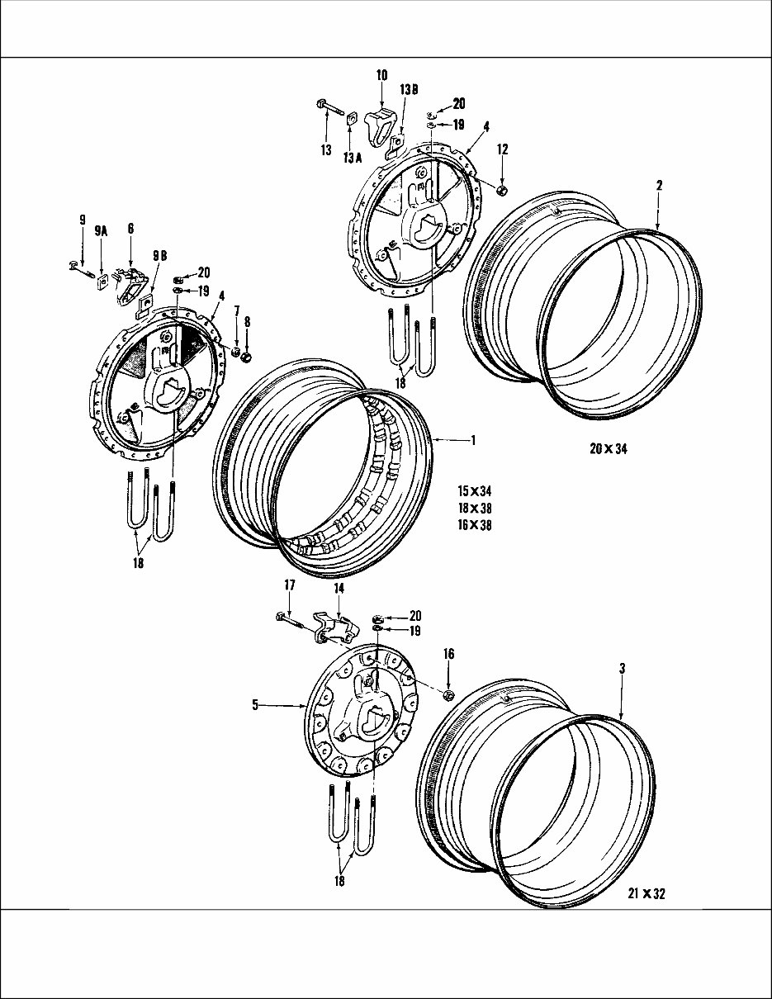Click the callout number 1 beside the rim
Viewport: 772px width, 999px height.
[x=472, y=440]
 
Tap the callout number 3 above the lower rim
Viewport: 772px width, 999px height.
[x=622, y=669]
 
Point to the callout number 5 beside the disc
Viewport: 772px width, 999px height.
[x=255, y=705]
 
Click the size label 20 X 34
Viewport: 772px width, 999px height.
[x=609, y=448]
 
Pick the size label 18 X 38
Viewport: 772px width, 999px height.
[x=475, y=508]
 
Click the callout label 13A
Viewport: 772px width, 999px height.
[x=353, y=159]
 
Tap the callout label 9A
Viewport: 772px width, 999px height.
[x=102, y=232]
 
